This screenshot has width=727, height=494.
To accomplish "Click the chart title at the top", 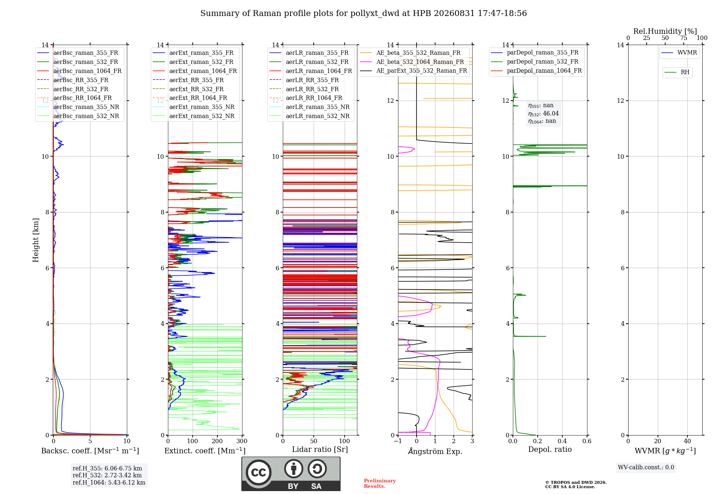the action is pos(363,13).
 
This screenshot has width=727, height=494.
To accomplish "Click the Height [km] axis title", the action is pos(36,240).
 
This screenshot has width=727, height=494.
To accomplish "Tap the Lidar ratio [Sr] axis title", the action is pos(320,449).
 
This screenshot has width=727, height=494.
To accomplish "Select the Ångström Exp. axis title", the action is pos(435,451).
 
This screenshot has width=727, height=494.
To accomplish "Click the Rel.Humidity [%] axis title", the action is pos(665,31).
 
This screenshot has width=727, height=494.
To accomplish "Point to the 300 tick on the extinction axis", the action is pos(242,441).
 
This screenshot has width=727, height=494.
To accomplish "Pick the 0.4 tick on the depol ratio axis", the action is pos(562,441).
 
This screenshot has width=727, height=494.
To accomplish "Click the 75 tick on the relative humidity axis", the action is pos(684,38).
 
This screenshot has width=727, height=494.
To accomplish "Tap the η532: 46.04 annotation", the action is pos(543,114).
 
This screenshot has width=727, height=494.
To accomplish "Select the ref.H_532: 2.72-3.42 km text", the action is pos(107,475).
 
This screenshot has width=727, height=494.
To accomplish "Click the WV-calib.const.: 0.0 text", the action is pos(646,467).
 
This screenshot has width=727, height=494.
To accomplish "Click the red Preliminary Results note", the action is pos(380,483).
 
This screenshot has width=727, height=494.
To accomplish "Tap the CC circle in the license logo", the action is pos(258,473).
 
